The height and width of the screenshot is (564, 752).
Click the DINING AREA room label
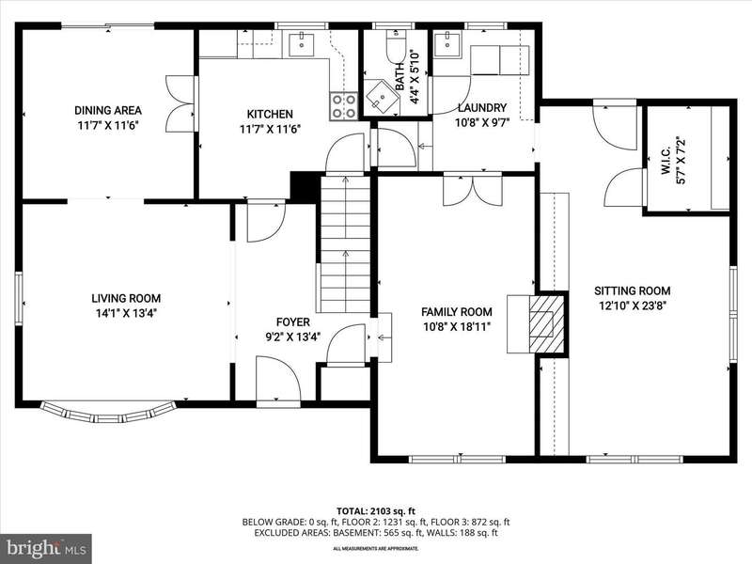[x=108, y=110]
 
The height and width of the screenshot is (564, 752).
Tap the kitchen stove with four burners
[x=344, y=106]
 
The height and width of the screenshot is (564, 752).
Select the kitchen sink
[x=302, y=41]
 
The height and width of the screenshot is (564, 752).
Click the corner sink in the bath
[x=382, y=97]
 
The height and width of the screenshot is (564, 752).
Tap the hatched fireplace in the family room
[x=546, y=323]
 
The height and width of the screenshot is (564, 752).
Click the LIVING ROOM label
[x=126, y=298]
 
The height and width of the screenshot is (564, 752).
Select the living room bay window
[x=108, y=413]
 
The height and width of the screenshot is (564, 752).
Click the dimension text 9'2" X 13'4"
[x=293, y=337]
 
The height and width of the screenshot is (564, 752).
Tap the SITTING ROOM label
[x=632, y=290]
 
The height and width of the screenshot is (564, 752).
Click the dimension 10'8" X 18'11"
[x=457, y=327]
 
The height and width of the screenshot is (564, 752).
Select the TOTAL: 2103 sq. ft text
[x=376, y=511]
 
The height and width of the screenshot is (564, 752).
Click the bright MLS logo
[x=46, y=547]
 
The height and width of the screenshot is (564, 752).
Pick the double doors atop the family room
[x=473, y=191]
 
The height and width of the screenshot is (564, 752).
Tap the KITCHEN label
[x=270, y=114]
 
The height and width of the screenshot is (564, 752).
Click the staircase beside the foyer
[x=345, y=244]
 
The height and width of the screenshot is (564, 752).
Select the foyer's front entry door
[x=277, y=379]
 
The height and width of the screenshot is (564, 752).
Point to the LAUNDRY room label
[x=482, y=107]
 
